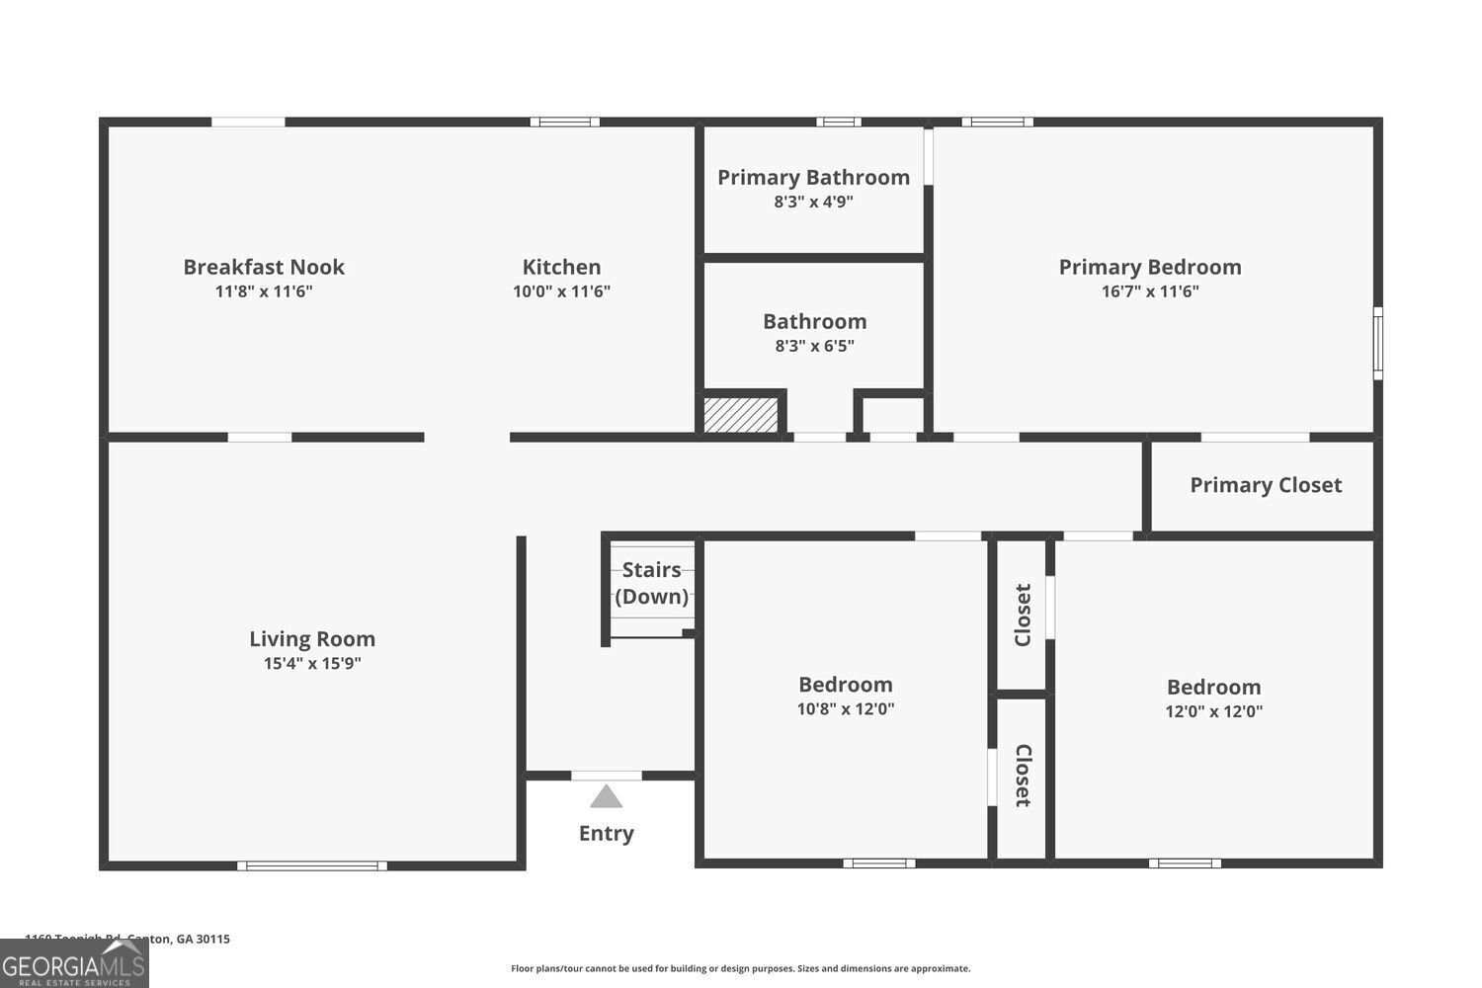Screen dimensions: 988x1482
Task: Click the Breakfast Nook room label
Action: click(x=264, y=267)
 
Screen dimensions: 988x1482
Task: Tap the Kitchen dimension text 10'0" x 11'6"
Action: click(x=561, y=291)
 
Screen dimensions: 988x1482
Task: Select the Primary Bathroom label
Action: click(x=813, y=178)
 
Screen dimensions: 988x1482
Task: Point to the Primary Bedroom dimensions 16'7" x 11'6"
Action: click(x=1150, y=291)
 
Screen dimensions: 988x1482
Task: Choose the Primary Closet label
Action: click(x=1266, y=485)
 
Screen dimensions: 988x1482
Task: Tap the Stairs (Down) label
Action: click(x=652, y=583)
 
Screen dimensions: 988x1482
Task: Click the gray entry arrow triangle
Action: click(x=607, y=796)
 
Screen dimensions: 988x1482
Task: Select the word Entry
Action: click(x=607, y=833)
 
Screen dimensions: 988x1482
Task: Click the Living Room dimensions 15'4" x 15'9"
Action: click(x=312, y=664)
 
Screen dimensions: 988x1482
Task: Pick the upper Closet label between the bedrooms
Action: click(x=1023, y=615)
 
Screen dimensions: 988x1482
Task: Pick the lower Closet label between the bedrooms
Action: click(x=1023, y=776)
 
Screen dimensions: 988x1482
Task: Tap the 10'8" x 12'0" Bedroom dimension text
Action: click(x=846, y=708)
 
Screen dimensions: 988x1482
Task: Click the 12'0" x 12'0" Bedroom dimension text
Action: click(x=1213, y=711)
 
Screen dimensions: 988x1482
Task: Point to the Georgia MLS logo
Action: click(x=74, y=963)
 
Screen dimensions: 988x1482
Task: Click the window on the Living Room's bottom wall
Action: click(x=312, y=866)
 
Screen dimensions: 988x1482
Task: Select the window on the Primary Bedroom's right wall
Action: click(x=1378, y=343)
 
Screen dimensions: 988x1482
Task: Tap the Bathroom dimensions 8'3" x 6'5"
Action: click(x=814, y=346)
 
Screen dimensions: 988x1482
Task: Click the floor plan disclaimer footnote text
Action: click(x=740, y=968)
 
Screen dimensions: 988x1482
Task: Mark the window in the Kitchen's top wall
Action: click(x=564, y=123)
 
